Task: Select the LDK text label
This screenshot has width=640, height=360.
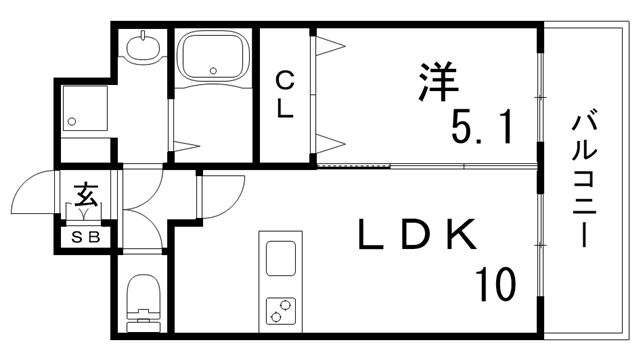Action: point(417,237)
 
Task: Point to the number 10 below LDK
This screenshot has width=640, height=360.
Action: point(495,284)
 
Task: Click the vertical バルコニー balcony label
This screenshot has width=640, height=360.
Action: point(586,181)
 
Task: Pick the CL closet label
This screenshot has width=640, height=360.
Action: point(285,94)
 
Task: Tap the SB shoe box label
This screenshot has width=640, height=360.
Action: point(85,238)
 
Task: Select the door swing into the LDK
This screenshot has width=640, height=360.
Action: point(224,190)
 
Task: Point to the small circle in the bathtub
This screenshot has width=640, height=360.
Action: point(213,70)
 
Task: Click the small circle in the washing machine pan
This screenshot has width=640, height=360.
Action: point(72,122)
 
